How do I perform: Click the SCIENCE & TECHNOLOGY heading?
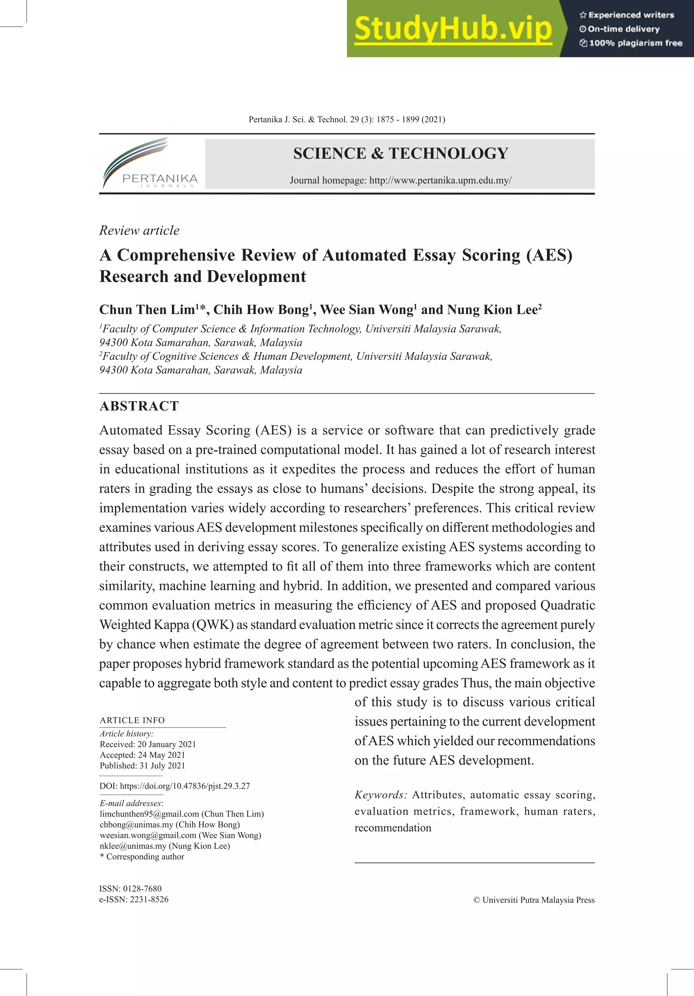400,154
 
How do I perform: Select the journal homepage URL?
440,181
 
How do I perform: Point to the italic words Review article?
139,230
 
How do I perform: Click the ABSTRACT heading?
139,406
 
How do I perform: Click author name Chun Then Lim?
147,310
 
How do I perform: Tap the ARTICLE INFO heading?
132,720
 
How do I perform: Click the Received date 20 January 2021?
167,744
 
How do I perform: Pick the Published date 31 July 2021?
162,766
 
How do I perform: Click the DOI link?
184,786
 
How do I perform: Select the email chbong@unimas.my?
137,825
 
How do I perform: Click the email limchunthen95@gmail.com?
150,814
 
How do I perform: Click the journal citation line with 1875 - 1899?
347,119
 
